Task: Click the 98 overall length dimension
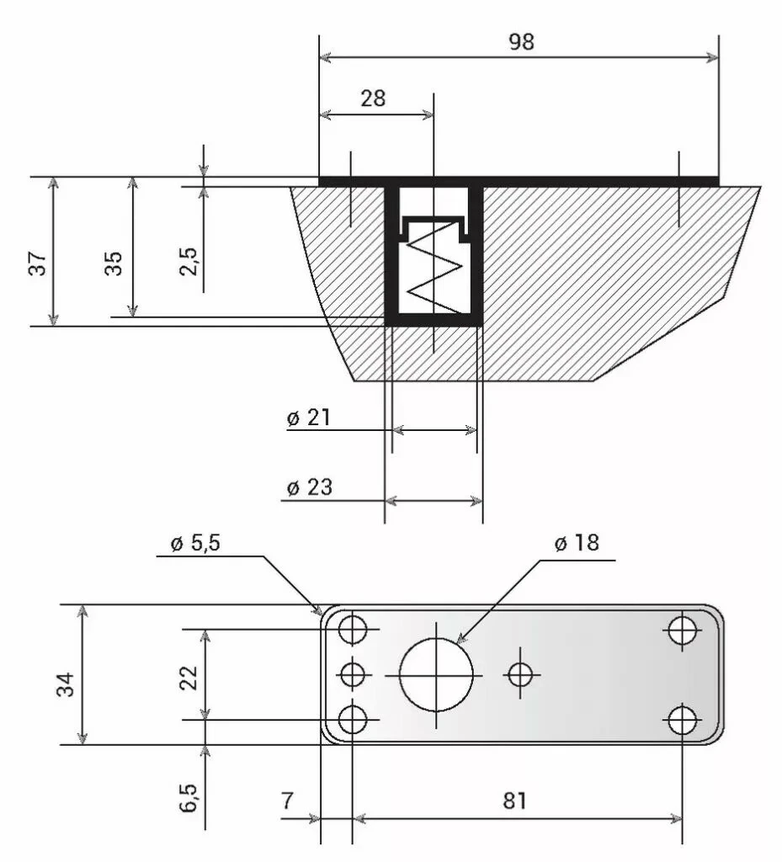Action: click(521, 42)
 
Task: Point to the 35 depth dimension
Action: click(114, 262)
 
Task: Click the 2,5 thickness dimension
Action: click(189, 261)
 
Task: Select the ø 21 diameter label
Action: click(308, 418)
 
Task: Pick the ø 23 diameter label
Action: click(309, 487)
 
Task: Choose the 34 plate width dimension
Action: click(66, 684)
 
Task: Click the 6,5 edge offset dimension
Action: click(189, 797)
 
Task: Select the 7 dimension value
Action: click(287, 801)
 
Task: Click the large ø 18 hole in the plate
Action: click(436, 674)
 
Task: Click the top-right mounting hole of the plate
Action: click(682, 630)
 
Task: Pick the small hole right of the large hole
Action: click(522, 673)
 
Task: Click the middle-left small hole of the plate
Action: click(353, 674)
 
